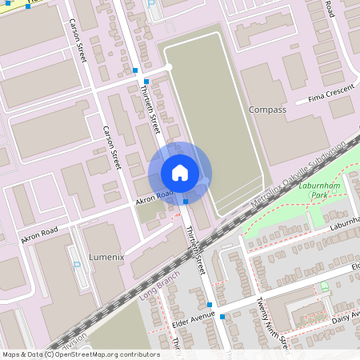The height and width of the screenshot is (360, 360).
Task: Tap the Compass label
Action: pos(267,110)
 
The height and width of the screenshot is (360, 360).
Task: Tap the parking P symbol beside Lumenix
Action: pos(76,265)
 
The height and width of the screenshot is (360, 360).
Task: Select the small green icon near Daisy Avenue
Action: pos(324,286)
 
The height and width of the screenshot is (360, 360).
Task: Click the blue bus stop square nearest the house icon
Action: pos(186,202)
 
